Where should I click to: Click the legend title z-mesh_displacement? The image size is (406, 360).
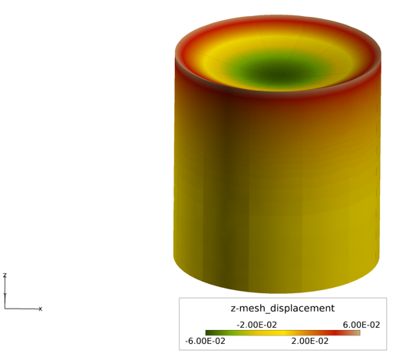click(282, 309)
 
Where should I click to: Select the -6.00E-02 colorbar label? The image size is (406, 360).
click(205, 341)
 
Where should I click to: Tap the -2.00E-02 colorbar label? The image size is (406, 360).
click(256, 325)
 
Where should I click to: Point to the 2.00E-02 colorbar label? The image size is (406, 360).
click(309, 341)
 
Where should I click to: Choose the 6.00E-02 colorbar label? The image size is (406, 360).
click(361, 325)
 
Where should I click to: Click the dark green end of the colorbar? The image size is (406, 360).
click(210, 333)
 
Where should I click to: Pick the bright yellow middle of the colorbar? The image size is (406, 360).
click(282, 333)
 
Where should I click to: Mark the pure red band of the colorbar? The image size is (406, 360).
click(336, 333)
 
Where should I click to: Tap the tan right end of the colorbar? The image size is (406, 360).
click(358, 333)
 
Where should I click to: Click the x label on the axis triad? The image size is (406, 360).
click(41, 309)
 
